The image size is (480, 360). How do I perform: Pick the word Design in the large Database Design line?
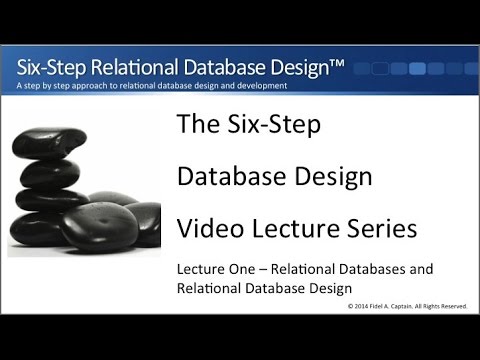(x=316, y=177)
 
